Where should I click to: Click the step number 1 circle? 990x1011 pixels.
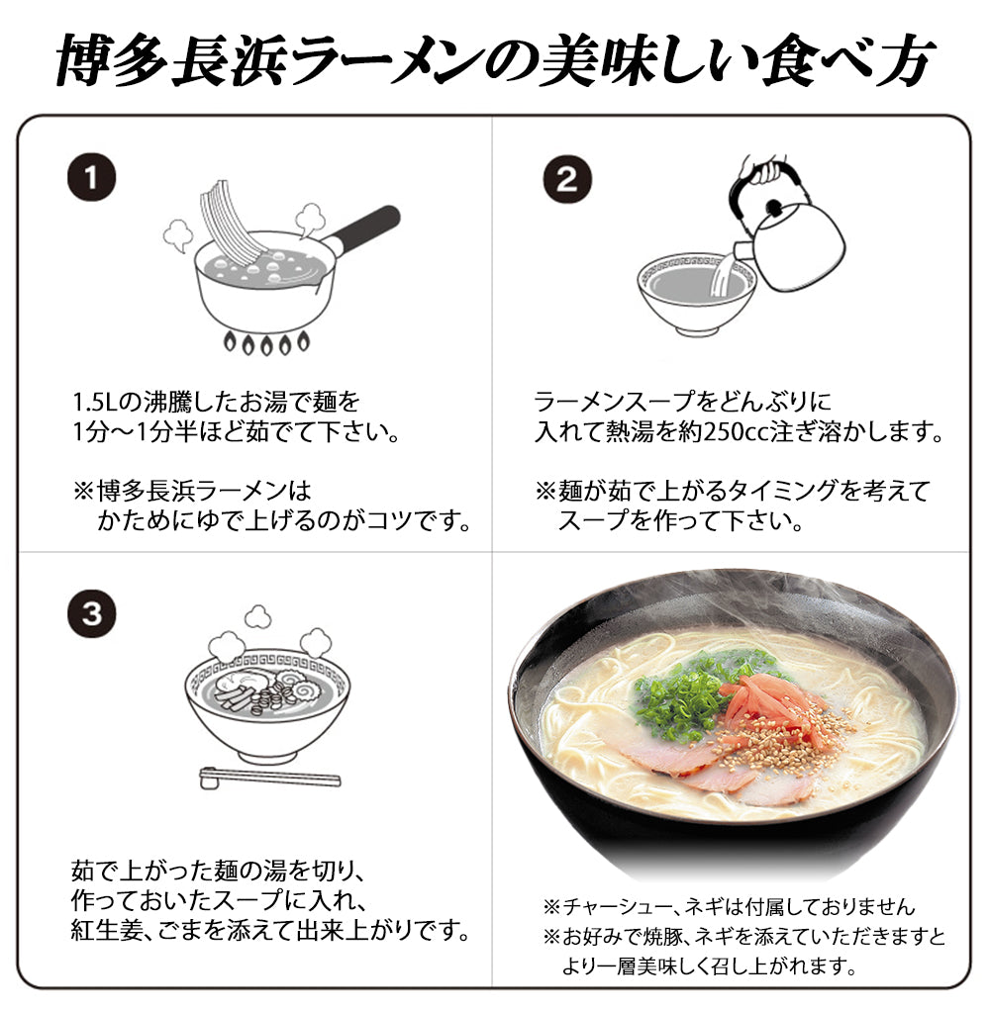pyautogui.click(x=91, y=179)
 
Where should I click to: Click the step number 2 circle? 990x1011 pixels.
pyautogui.click(x=566, y=179)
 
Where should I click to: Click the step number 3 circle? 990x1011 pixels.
pyautogui.click(x=91, y=613)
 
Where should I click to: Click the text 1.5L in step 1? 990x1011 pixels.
pyautogui.click(x=97, y=403)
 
